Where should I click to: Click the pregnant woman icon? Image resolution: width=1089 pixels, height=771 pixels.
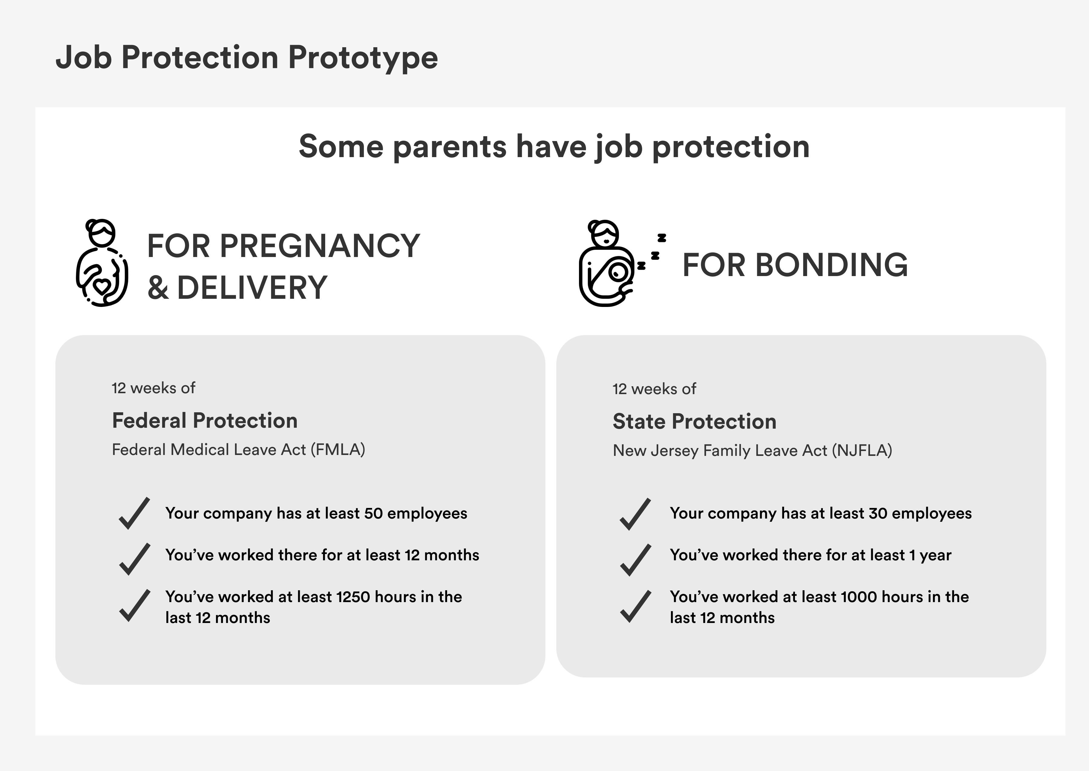coord(102,262)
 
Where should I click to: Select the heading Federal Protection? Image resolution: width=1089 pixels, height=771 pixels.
coord(204,421)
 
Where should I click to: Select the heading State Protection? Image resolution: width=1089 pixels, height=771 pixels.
coord(694,422)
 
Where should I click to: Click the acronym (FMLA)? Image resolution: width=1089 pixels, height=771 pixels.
coord(338,450)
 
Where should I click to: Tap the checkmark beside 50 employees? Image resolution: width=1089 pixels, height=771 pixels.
coord(134,513)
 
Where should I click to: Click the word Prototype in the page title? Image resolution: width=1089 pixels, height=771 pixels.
coord(363,58)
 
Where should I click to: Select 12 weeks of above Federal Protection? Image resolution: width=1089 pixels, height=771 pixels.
coord(153,388)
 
